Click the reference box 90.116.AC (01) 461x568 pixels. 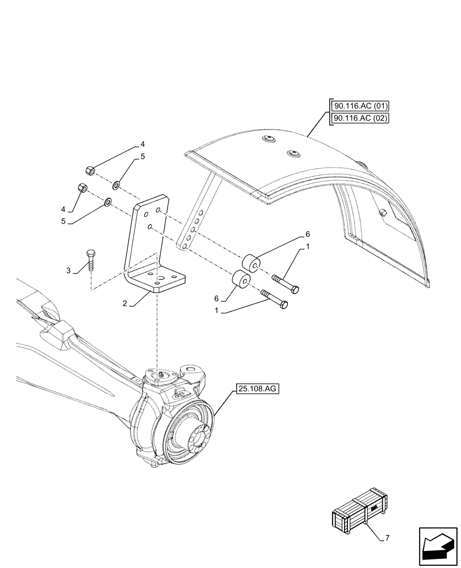(358, 106)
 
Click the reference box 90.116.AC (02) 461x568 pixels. (358, 118)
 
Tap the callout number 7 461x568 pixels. (387, 537)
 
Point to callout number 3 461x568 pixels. (69, 271)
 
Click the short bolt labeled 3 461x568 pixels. (90, 261)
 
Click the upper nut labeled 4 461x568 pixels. (90, 169)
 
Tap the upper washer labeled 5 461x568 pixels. (116, 183)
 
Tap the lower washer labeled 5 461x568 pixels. (108, 201)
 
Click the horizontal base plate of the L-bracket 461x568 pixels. (157, 281)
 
